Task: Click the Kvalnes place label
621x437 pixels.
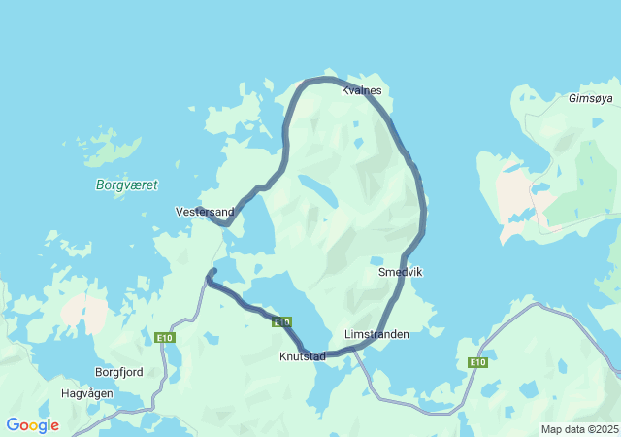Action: [x=362, y=90]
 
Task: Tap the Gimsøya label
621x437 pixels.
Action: [x=591, y=99]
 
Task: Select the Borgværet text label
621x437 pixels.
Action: [x=127, y=185]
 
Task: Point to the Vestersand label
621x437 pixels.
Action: [x=204, y=211]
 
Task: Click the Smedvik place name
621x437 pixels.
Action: [x=400, y=273]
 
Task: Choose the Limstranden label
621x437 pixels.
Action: [x=376, y=334]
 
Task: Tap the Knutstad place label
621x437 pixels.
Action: [x=302, y=356]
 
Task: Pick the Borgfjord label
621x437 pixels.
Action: [x=119, y=372]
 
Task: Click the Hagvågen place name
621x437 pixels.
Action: [x=87, y=393]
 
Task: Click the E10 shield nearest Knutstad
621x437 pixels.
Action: [x=282, y=321]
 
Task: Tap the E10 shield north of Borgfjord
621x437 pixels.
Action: [x=164, y=337]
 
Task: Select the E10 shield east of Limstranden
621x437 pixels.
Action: [x=476, y=362]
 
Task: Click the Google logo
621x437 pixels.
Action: [x=32, y=425]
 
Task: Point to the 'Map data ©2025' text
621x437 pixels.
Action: [x=579, y=429]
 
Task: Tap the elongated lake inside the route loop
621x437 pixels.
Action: [x=318, y=189]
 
